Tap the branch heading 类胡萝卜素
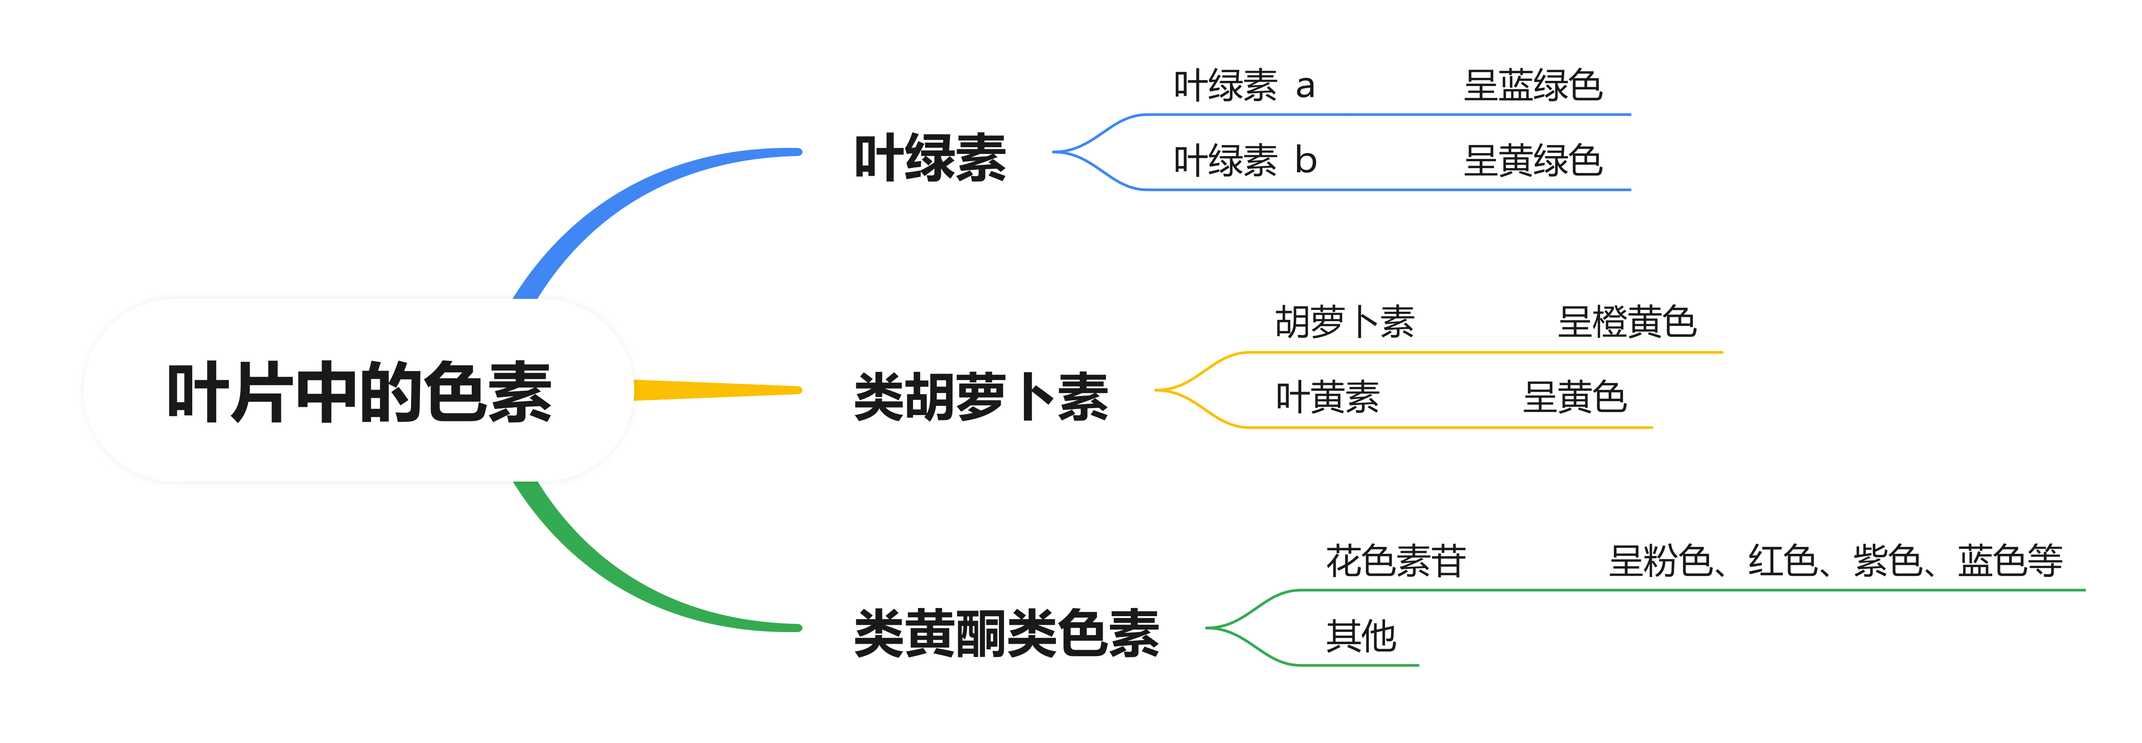pyautogui.click(x=981, y=396)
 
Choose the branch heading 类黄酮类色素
pyautogui.click(x=1006, y=633)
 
